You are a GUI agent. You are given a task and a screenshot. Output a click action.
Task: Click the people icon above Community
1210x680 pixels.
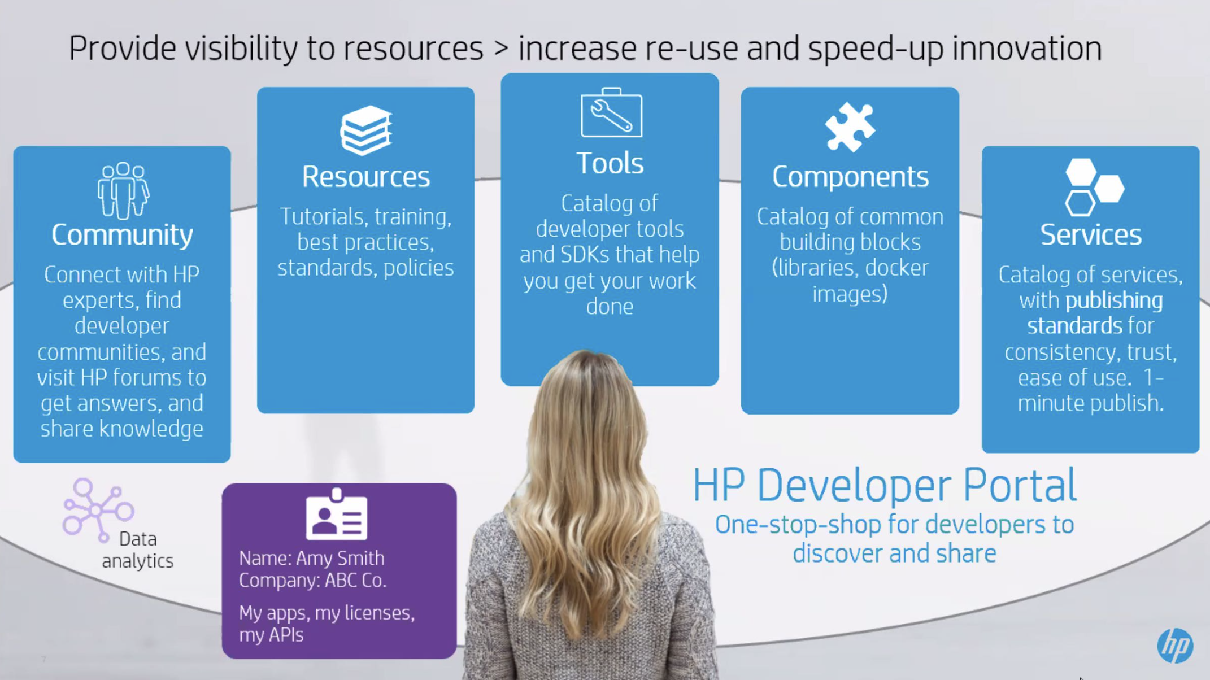123,190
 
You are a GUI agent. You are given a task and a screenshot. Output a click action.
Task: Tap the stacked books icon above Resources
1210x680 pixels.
366,130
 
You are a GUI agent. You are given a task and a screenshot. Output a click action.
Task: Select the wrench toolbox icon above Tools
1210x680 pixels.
611,112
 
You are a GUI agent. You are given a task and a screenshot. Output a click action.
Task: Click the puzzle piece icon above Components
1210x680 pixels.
850,127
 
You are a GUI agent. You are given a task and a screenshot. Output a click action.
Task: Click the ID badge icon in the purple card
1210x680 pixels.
337,515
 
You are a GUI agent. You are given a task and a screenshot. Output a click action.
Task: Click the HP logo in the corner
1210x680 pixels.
1175,645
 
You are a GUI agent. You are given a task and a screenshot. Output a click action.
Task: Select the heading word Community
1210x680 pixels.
122,235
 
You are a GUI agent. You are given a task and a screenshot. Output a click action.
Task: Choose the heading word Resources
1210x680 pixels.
366,177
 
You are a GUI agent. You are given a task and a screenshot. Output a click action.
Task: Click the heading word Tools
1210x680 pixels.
610,163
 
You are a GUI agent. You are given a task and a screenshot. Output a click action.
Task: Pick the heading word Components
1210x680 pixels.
850,177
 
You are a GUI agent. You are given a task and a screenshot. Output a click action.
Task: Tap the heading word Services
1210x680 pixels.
1091,235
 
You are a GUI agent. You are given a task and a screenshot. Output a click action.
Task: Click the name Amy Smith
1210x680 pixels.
340,559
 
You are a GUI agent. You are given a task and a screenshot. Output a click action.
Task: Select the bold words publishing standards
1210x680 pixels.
1094,313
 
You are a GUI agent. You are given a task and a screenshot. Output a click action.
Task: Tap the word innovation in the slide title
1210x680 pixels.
1027,49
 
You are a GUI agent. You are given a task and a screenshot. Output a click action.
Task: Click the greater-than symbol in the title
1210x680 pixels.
501,49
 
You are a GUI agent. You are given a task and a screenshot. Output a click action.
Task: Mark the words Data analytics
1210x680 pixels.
137,550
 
